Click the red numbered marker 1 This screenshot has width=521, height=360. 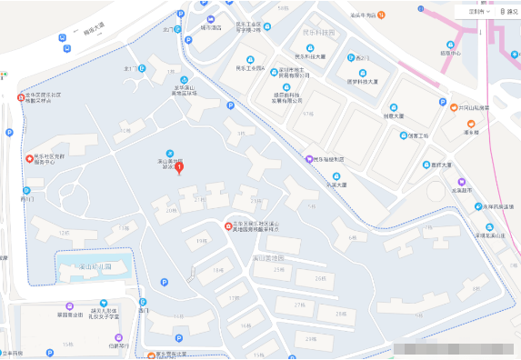[x=179, y=166]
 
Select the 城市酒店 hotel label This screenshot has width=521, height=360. [x=211, y=27]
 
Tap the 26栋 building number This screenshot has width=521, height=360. [x=317, y=277]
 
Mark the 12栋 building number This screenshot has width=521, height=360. [x=63, y=233]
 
